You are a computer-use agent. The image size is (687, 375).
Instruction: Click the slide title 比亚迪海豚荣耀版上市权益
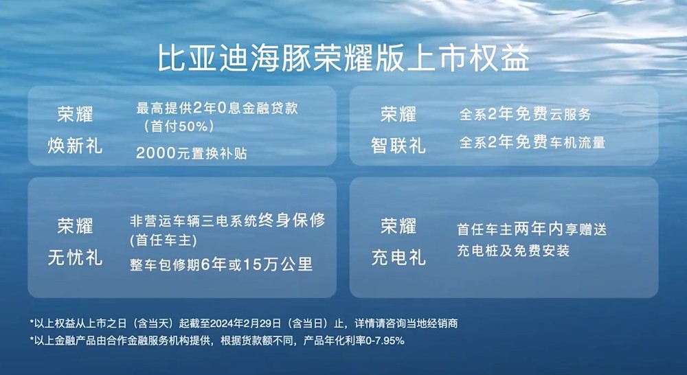343,58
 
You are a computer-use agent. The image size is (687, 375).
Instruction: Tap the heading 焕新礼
75,146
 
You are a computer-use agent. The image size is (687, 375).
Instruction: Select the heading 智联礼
398,146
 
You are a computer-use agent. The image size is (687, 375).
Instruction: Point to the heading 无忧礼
75,258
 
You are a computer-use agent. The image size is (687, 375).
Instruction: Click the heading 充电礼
398,258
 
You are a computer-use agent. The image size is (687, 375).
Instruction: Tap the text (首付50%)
179,126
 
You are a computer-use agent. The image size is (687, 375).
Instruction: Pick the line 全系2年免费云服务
525,115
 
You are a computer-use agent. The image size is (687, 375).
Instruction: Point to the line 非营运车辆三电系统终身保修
227,221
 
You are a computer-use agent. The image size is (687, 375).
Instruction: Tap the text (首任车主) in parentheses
163,240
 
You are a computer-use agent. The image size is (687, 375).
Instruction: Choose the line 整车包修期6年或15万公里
221,265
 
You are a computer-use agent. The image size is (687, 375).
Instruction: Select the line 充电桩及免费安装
513,251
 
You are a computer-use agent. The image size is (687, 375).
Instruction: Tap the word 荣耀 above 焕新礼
75,114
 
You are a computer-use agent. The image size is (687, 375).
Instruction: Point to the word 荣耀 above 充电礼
398,225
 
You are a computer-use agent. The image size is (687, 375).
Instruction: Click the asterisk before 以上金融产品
32,339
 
